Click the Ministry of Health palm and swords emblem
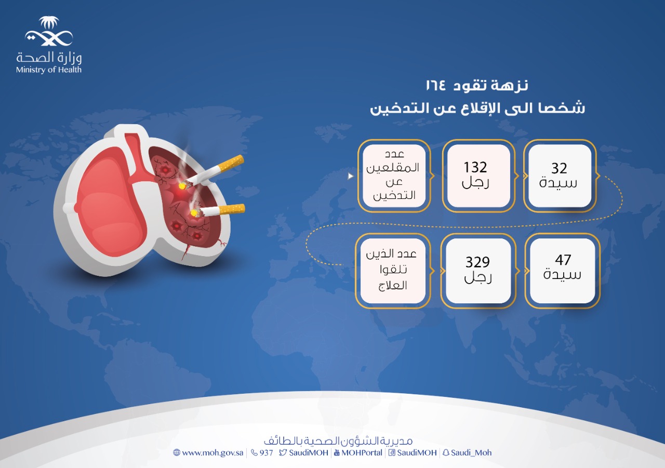tap(49, 31)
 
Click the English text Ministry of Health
tap(49, 70)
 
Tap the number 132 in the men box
tap(475, 167)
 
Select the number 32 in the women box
tap(560, 168)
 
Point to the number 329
tap(477, 262)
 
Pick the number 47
tap(563, 260)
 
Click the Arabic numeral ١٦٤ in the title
tap(436, 86)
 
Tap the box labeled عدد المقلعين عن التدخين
tap(394, 176)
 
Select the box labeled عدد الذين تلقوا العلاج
tap(393, 271)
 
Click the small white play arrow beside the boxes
tap(351, 176)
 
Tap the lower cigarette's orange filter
tap(232, 209)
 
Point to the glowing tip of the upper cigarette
tap(181, 186)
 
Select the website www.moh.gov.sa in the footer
tap(212, 453)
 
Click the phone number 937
tap(266, 453)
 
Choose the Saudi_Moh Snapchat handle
tap(471, 453)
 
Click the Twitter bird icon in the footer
tap(283, 453)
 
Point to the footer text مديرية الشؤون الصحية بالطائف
tap(338, 441)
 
